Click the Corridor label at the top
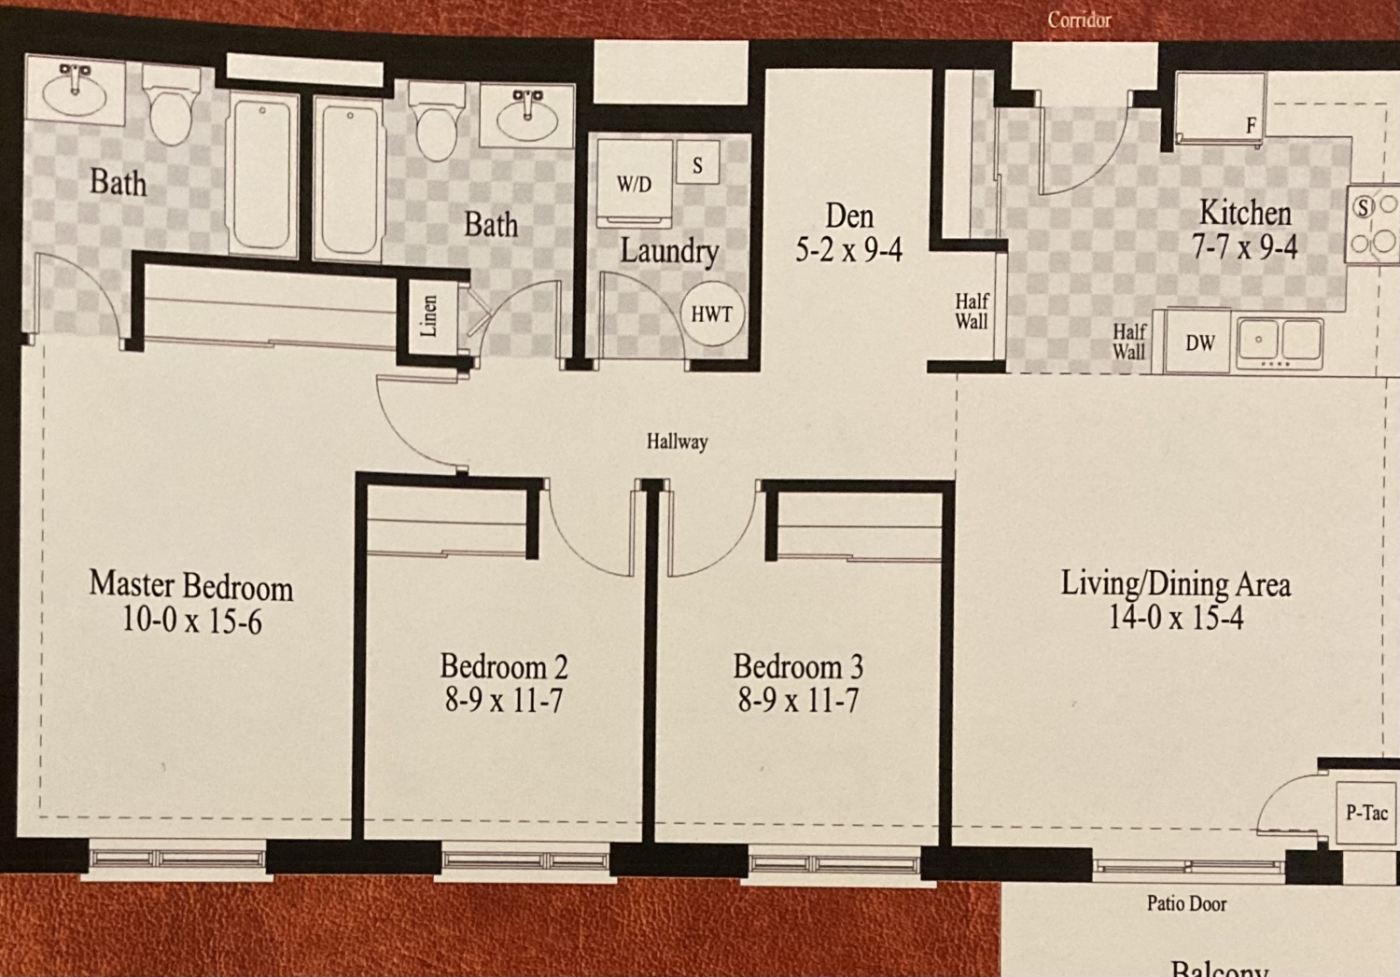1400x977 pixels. (x=1079, y=20)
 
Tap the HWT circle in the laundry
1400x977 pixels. (x=712, y=314)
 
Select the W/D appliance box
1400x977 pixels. (x=635, y=184)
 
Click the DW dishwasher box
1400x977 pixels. (x=1199, y=342)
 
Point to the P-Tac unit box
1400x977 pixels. (x=1367, y=813)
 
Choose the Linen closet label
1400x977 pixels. (x=428, y=316)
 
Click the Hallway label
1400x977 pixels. (x=677, y=441)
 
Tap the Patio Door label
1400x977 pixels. (x=1186, y=903)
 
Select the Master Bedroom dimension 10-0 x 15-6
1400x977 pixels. (x=191, y=621)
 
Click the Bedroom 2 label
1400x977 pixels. (x=504, y=666)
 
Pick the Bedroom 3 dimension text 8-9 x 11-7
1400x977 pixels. (x=798, y=700)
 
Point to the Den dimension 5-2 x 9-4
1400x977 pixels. (x=848, y=250)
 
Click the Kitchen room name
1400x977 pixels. (x=1245, y=213)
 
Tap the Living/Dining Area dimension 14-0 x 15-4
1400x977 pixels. (x=1176, y=617)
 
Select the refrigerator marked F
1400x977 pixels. (x=1221, y=108)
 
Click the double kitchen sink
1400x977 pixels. (x=1280, y=343)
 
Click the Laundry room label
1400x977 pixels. (x=669, y=251)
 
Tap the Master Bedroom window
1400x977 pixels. (x=177, y=858)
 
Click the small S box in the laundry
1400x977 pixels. (x=697, y=162)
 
